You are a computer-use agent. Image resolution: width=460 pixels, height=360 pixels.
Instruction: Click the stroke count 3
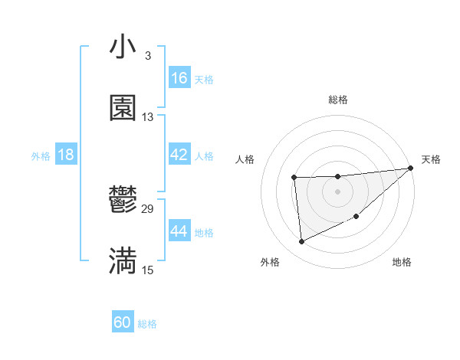(x=147, y=56)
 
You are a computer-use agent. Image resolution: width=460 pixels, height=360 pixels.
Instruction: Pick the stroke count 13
(x=148, y=117)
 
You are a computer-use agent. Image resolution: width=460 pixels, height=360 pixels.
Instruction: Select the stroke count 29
(x=148, y=208)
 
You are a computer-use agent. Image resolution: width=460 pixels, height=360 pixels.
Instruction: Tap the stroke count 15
(x=148, y=270)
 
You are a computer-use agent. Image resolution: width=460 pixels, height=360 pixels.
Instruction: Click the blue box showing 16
(x=179, y=78)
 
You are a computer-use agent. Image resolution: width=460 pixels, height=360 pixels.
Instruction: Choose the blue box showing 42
(x=179, y=155)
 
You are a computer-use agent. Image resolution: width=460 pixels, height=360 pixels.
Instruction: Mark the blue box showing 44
(x=179, y=231)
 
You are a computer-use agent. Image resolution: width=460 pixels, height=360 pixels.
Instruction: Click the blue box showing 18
(x=66, y=155)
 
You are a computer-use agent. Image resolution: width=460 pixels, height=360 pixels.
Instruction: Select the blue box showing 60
(x=123, y=322)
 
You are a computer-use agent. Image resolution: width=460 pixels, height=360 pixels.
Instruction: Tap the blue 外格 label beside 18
(x=41, y=155)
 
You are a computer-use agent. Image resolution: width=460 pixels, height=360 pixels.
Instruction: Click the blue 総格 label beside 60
(x=147, y=323)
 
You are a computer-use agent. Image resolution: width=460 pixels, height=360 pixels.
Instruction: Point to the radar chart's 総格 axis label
(x=337, y=100)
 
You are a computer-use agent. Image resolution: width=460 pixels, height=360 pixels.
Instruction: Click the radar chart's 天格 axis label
(x=431, y=159)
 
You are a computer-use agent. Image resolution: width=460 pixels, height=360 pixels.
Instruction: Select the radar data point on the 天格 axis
(x=411, y=168)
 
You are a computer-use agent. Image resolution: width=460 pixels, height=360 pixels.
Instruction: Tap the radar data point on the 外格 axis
(x=301, y=241)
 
